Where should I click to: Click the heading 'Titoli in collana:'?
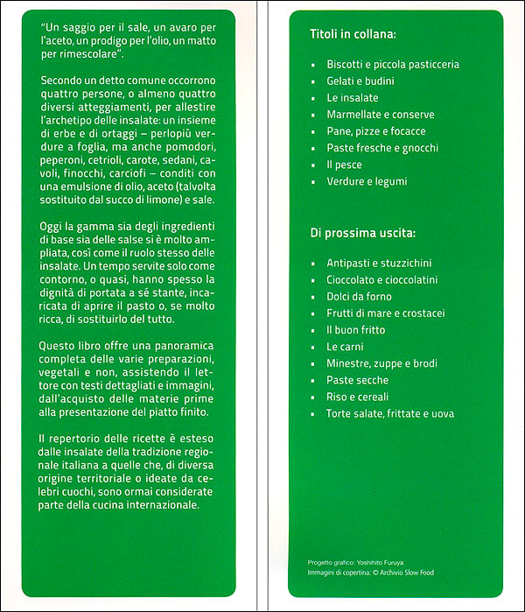pyautogui.click(x=353, y=35)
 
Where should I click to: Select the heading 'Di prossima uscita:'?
pyautogui.click(x=362, y=234)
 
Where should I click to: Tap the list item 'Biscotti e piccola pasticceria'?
pyautogui.click(x=393, y=65)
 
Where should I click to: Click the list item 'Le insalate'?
pyautogui.click(x=350, y=98)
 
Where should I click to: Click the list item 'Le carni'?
pyautogui.click(x=345, y=347)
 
